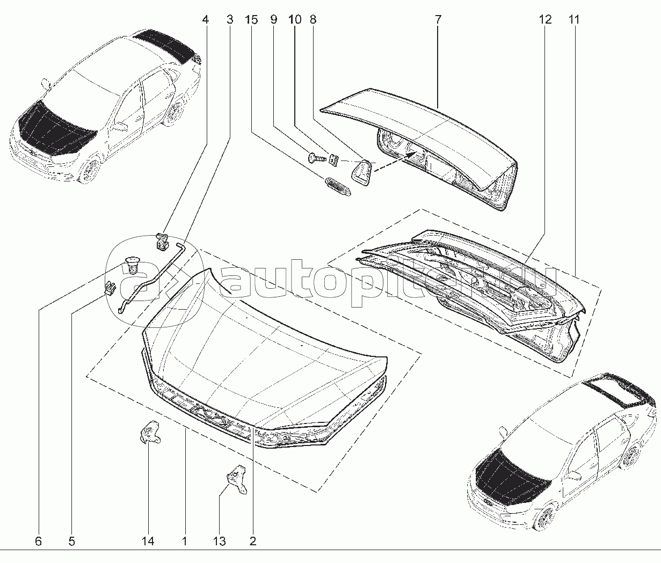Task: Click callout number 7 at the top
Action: (x=438, y=20)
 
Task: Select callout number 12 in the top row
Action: (x=545, y=20)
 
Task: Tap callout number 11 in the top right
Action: (x=574, y=20)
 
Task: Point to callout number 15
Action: (x=251, y=20)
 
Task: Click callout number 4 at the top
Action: (x=205, y=20)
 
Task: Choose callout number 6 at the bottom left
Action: (x=38, y=541)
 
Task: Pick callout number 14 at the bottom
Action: (x=148, y=541)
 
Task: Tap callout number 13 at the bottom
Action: (x=220, y=541)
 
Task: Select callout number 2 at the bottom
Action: (x=252, y=541)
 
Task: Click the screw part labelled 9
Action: (x=317, y=158)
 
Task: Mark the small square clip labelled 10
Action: (x=333, y=159)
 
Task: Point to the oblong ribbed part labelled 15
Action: (x=338, y=186)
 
